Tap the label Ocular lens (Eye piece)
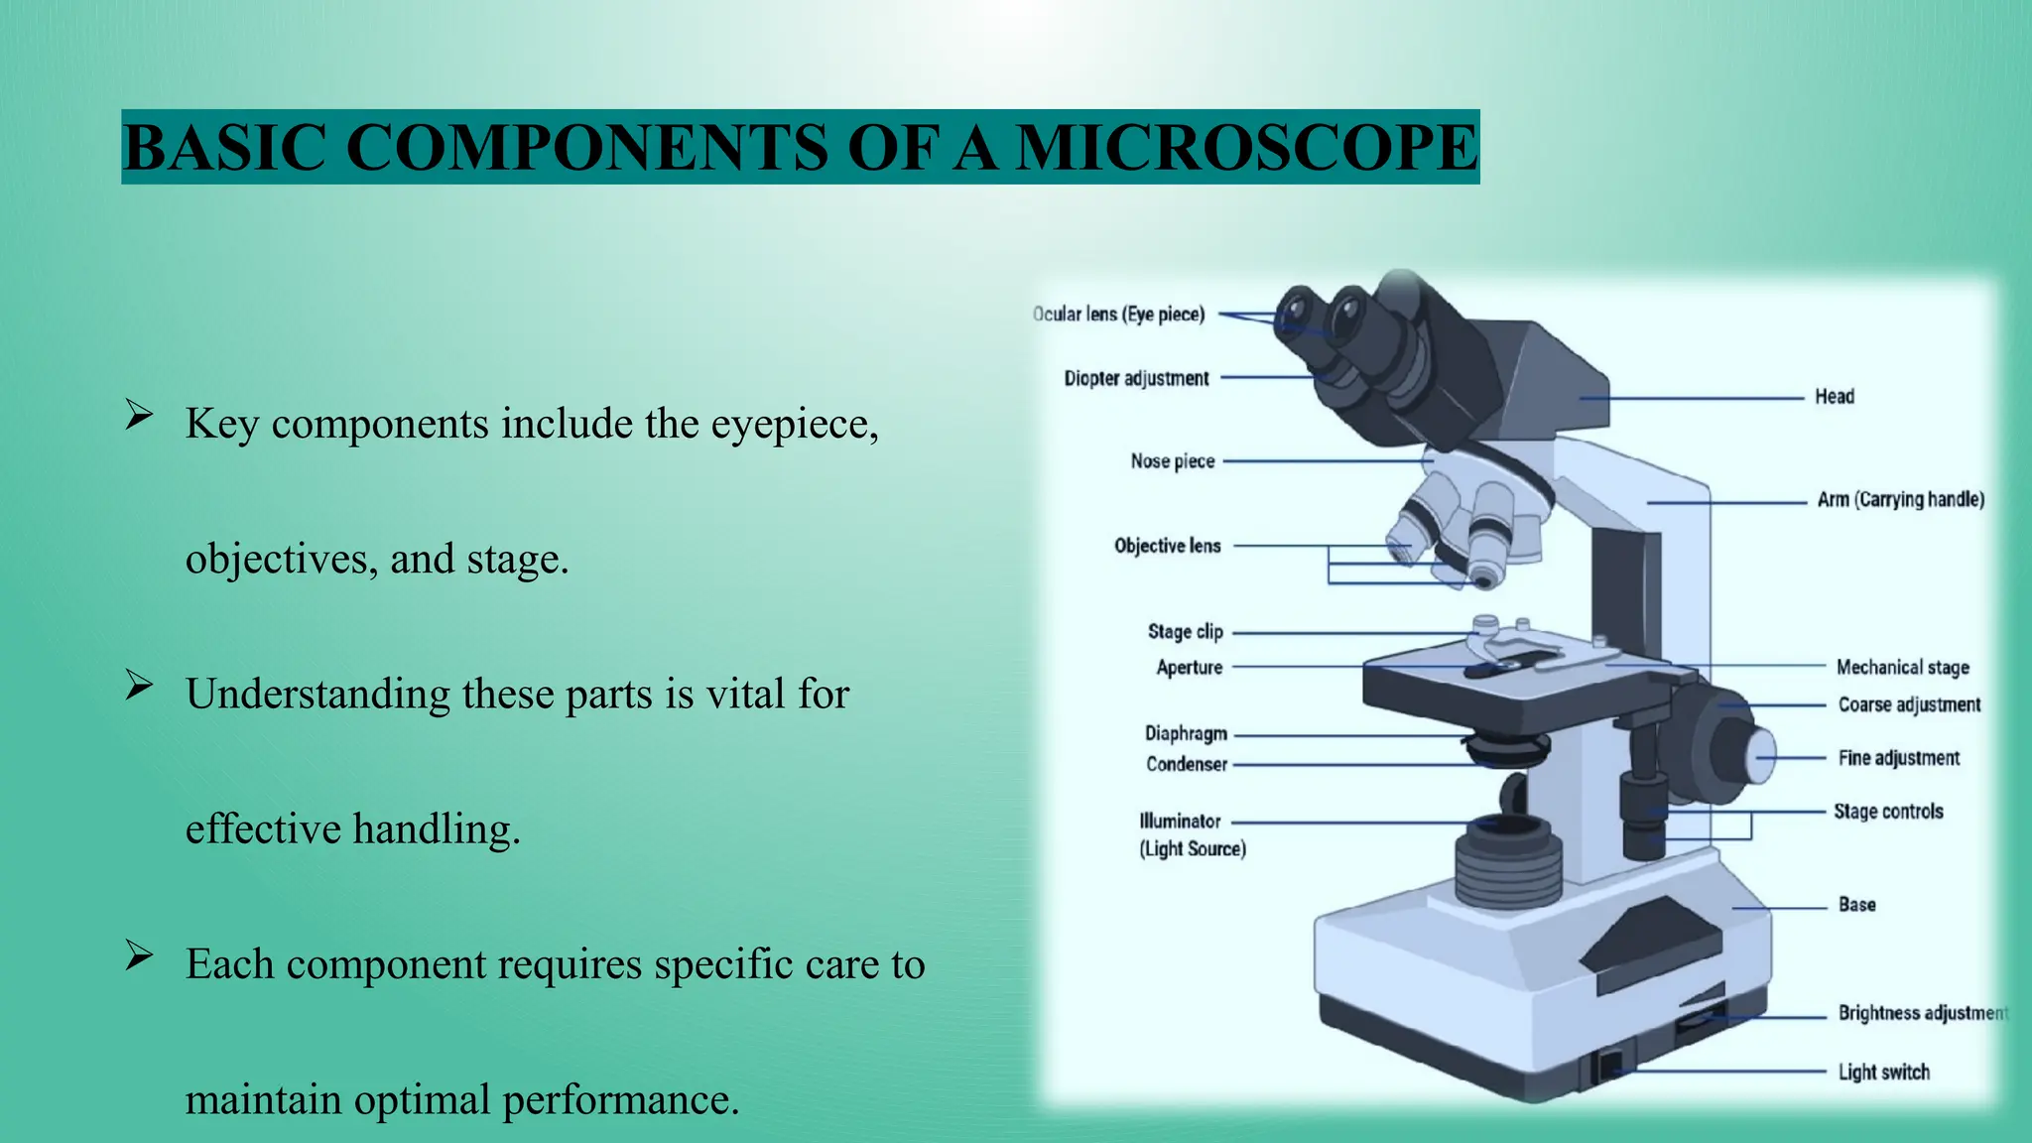pyautogui.click(x=1118, y=315)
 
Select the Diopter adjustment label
pyautogui.click(x=1136, y=378)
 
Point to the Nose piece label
pyautogui.click(x=1172, y=461)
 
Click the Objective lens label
pyautogui.click(x=1167, y=546)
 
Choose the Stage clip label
pyautogui.click(x=1185, y=632)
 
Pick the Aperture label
pyautogui.click(x=1189, y=668)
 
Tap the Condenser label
pyautogui.click(x=1187, y=764)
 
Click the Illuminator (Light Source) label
pyautogui.click(x=1191, y=834)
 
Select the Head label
pyautogui.click(x=1834, y=397)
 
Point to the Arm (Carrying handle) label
pyautogui.click(x=1900, y=500)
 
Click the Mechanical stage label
pyautogui.click(x=1902, y=668)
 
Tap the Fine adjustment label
pyautogui.click(x=1898, y=758)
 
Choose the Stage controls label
pyautogui.click(x=1887, y=812)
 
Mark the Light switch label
pyautogui.click(x=1883, y=1073)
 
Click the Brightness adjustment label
pyautogui.click(x=1921, y=1013)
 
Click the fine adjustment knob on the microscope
pyautogui.click(x=1760, y=756)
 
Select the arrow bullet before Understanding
pyautogui.click(x=139, y=686)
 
